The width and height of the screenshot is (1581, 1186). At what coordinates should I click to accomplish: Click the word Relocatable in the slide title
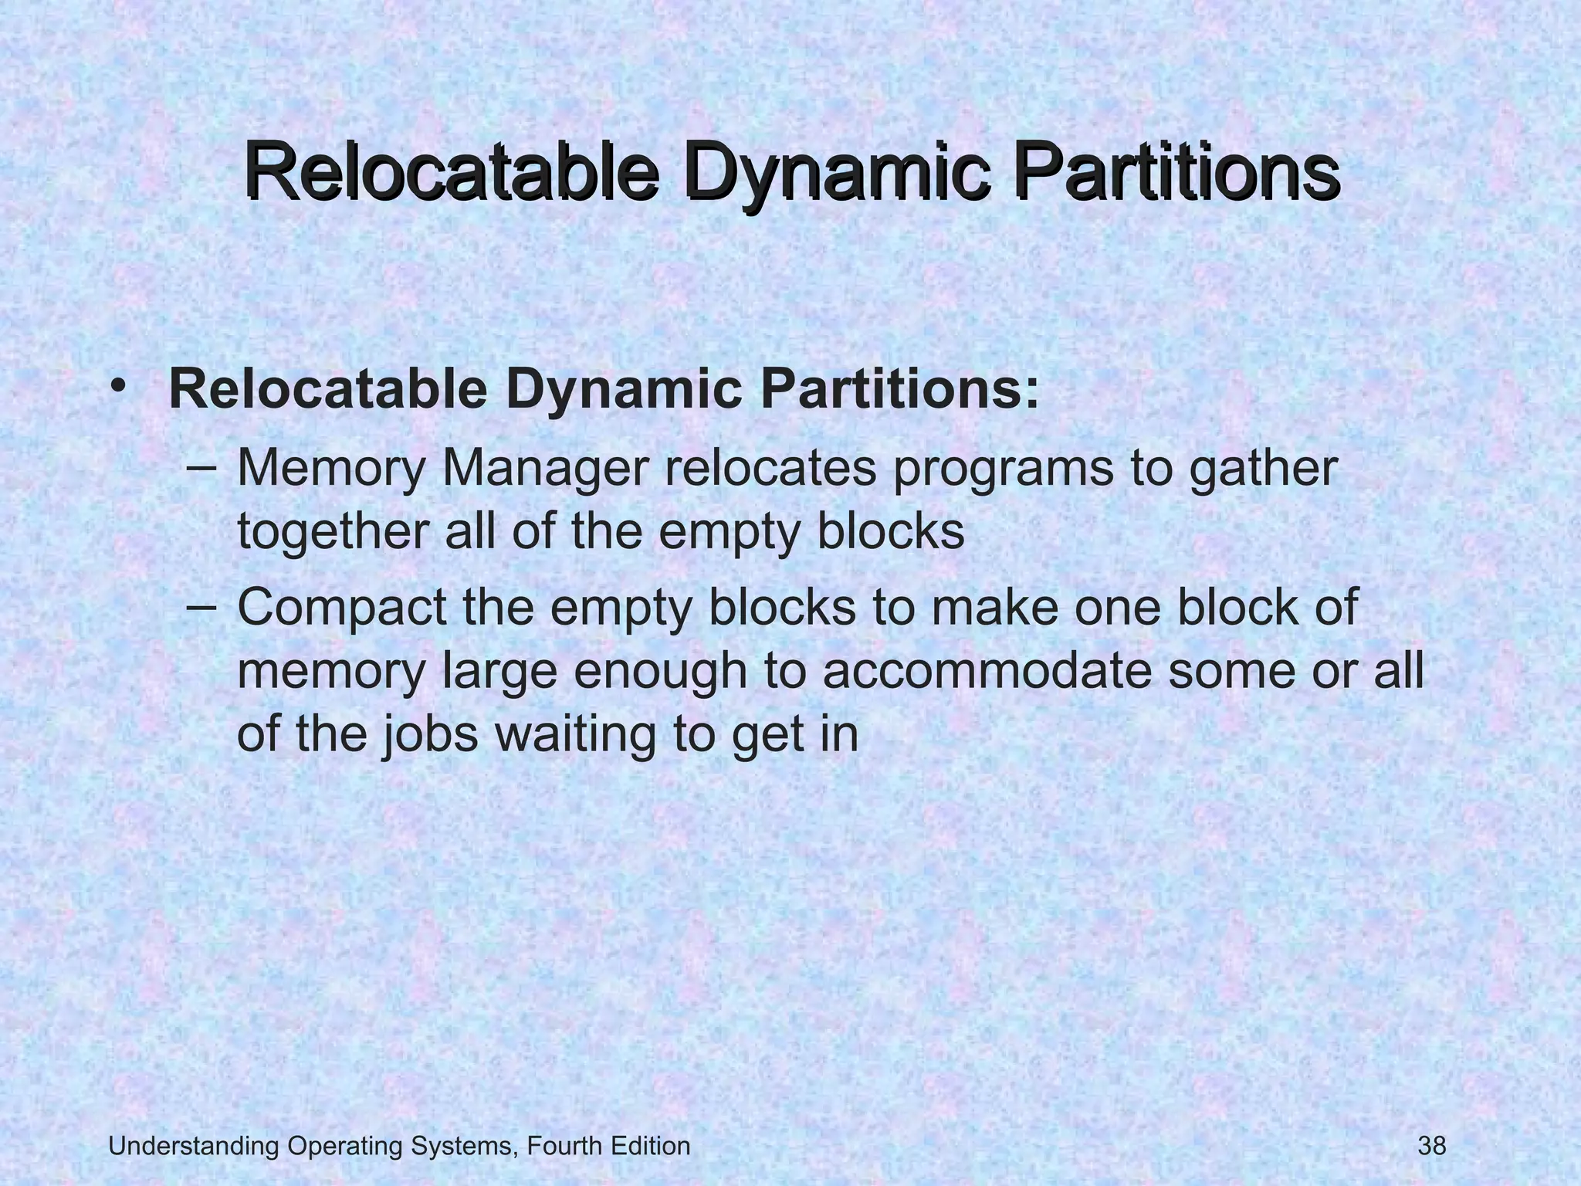[452, 172]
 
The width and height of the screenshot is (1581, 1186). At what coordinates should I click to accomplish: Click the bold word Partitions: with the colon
[900, 389]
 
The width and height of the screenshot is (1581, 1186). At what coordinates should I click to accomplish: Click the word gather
[1263, 469]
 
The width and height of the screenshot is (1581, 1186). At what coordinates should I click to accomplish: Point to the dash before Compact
[201, 607]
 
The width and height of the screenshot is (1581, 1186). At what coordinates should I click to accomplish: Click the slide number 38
[1432, 1147]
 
